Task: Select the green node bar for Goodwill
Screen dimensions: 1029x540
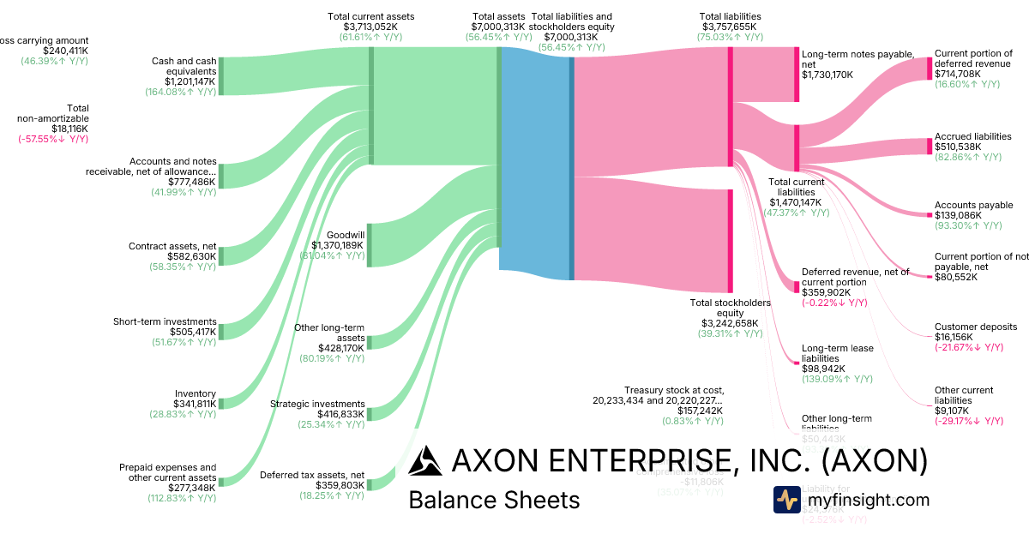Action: pos(370,244)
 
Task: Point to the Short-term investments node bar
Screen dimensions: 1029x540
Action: pos(220,332)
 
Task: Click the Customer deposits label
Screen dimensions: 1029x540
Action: pos(975,327)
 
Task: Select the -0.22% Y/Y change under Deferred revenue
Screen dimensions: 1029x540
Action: pos(834,303)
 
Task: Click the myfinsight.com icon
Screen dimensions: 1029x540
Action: pos(786,500)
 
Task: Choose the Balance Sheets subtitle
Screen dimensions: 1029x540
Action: pos(494,500)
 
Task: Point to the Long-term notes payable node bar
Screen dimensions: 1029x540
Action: pos(797,75)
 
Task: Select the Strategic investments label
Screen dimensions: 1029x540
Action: pos(317,404)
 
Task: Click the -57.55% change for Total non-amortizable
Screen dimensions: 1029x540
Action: pos(53,139)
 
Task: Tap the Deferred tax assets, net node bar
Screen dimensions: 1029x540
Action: pos(370,485)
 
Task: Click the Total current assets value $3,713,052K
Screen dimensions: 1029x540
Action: pos(370,27)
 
